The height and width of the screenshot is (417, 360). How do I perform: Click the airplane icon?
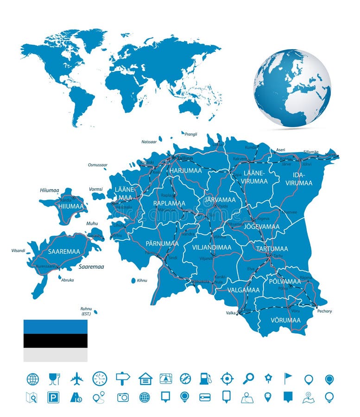click(x=76, y=379)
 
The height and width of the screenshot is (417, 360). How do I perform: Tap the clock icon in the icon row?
click(x=100, y=379)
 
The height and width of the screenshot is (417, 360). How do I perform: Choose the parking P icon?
click(x=53, y=398)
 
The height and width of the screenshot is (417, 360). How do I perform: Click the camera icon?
click(x=123, y=398)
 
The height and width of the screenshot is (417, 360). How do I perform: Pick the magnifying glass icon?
click(x=248, y=379)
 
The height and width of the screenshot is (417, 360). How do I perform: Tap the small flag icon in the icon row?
click(x=288, y=379)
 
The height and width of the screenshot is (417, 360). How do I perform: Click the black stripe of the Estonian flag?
click(x=56, y=341)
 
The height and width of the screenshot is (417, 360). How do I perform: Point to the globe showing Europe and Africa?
click(x=292, y=88)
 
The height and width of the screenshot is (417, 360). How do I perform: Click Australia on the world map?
click(x=190, y=107)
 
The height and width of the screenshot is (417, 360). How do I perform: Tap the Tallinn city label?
click(x=184, y=158)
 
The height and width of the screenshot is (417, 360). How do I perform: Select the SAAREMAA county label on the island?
click(x=64, y=252)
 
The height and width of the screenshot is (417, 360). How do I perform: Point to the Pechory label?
click(x=324, y=311)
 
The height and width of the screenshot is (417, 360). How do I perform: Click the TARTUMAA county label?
click(x=272, y=248)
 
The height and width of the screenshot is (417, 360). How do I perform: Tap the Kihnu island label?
click(x=142, y=280)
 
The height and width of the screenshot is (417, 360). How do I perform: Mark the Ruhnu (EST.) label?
click(x=86, y=311)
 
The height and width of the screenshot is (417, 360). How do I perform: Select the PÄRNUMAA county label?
click(x=162, y=243)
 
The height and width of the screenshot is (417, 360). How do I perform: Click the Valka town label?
click(x=231, y=313)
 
